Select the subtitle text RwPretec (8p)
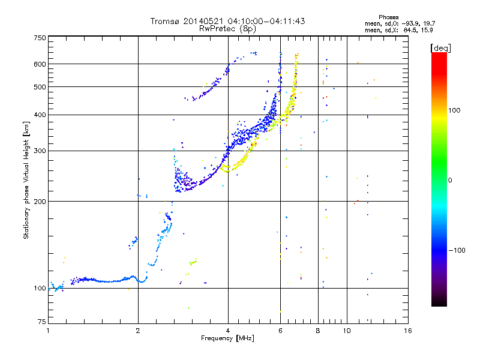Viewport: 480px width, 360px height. point(227,29)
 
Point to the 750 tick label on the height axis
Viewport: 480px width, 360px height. point(40,38)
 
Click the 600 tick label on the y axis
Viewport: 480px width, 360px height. point(40,64)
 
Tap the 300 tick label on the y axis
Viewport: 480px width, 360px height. point(40,151)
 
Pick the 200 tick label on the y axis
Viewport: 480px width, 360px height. point(40,202)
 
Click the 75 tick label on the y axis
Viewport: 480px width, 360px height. point(42,322)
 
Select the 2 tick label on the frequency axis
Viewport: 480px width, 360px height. point(138,331)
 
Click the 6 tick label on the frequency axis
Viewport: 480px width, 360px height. point(280,331)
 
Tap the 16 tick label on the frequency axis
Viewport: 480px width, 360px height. point(408,331)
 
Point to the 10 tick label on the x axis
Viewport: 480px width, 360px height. point(347,331)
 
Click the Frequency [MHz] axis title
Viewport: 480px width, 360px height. point(227,338)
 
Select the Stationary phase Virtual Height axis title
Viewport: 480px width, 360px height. point(26,180)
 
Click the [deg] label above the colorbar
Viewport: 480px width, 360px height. point(440,48)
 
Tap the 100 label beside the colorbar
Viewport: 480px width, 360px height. point(454,110)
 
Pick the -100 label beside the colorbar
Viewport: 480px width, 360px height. point(457,250)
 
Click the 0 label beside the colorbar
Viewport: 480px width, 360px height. point(450,181)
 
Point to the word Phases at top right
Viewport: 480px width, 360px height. point(388,17)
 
